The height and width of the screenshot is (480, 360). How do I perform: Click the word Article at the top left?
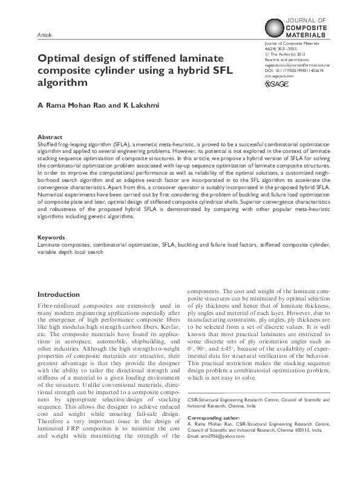pyautogui.click(x=45, y=36)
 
